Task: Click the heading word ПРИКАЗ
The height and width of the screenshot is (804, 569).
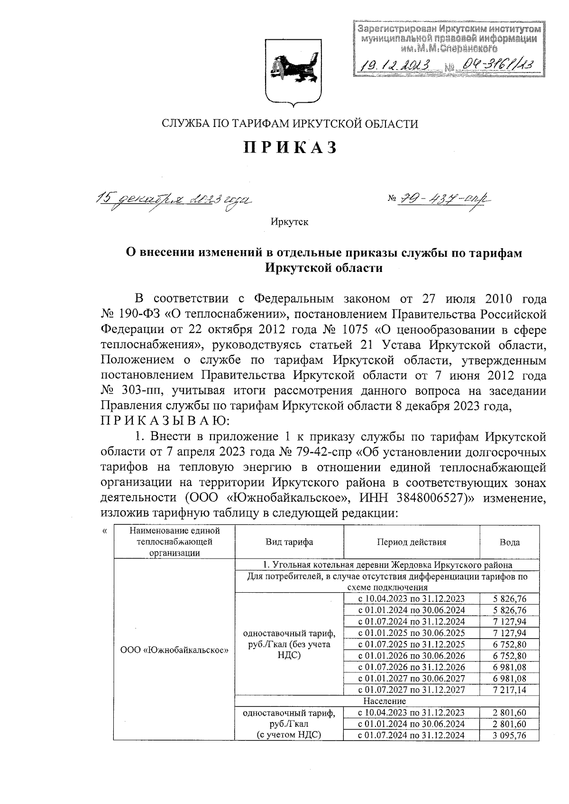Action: tap(290, 148)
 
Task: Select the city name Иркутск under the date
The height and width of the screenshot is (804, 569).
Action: tap(290, 222)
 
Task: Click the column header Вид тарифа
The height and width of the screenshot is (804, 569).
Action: tap(289, 542)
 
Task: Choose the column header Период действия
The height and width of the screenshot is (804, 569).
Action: tap(412, 542)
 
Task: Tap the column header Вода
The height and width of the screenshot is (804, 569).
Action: tap(510, 542)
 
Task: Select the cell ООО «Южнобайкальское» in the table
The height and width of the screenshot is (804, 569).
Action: tap(174, 650)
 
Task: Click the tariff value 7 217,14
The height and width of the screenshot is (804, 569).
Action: tap(510, 690)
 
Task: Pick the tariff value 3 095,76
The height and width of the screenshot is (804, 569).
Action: tap(510, 735)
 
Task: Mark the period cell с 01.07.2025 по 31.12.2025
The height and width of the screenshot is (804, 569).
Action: tap(412, 644)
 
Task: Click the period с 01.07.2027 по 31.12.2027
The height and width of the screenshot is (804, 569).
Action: tap(412, 690)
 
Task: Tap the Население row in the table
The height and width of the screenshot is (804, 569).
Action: tap(384, 701)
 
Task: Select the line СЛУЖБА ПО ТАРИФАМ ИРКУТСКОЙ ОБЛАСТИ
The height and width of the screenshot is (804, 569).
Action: tap(290, 124)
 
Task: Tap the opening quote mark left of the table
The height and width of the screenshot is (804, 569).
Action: tap(105, 531)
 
